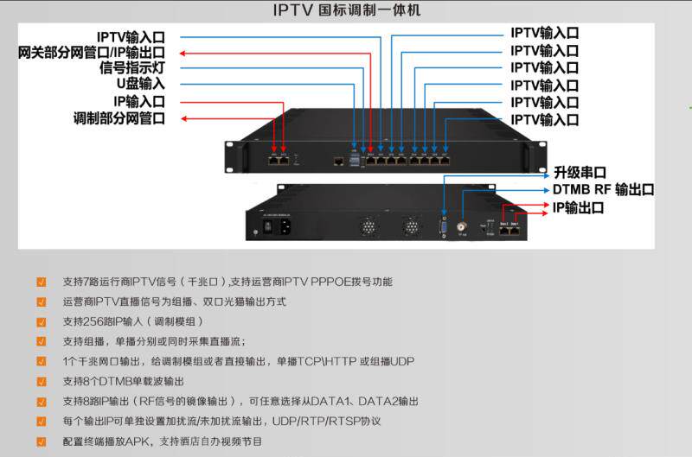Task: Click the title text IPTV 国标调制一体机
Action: [x=345, y=11]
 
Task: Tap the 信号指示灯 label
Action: [x=131, y=69]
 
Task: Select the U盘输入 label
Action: [x=140, y=85]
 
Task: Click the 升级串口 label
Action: [x=580, y=173]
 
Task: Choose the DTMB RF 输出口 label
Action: [x=603, y=190]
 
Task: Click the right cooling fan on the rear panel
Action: [x=410, y=227]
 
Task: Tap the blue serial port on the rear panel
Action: [x=443, y=226]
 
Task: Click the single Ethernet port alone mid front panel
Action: [x=337, y=161]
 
